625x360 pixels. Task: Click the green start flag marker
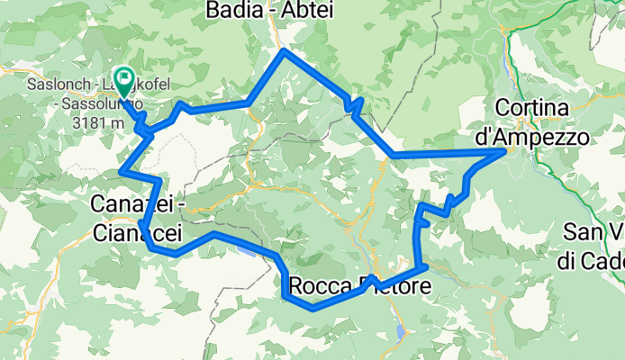[x=122, y=79]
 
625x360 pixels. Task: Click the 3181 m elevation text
[x=95, y=121]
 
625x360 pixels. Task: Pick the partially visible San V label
[x=593, y=232]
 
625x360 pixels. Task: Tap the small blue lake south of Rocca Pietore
[x=399, y=333]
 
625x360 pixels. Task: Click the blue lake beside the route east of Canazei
[x=245, y=251]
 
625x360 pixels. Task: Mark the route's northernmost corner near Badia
[x=285, y=51]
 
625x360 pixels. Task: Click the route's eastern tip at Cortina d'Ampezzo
[x=503, y=153]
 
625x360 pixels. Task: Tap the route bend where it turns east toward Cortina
[x=394, y=156]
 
